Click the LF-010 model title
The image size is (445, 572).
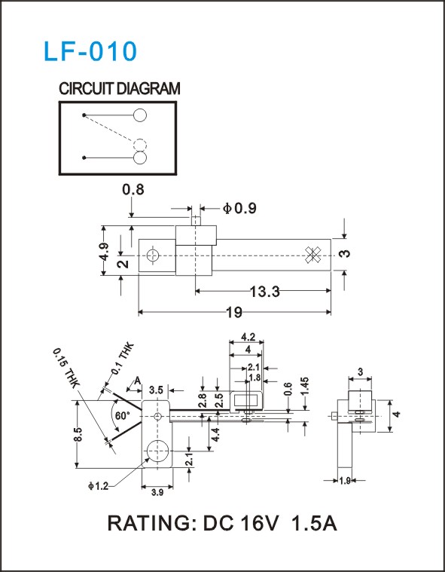90,51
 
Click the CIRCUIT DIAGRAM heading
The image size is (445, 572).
120,89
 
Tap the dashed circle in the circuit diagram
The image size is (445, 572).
139,145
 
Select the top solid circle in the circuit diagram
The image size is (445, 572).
140,115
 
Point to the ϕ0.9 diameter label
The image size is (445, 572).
239,208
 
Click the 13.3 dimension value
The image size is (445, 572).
264,292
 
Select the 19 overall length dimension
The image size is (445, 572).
234,313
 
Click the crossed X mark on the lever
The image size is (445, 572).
312,254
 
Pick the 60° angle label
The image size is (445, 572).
123,415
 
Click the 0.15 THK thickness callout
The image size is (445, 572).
66,369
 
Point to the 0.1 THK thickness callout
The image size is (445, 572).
123,359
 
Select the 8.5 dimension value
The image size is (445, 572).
79,434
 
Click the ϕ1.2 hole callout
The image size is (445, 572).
98,486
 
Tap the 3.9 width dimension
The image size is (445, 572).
157,492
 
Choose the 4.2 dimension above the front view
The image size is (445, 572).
248,337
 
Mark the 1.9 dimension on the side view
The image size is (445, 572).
345,481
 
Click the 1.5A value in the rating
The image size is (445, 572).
314,524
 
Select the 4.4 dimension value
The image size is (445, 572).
215,435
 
